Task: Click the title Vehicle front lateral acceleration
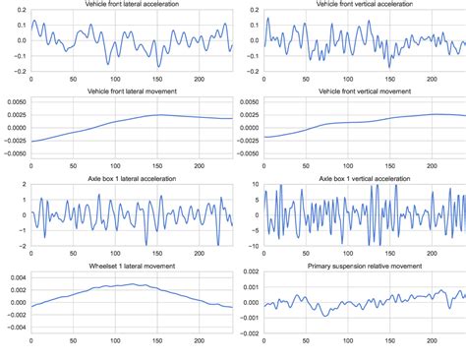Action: click(133, 5)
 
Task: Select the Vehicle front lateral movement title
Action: click(133, 91)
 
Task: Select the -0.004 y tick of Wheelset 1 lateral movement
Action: click(14, 326)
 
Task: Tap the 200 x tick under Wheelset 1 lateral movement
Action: click(198, 340)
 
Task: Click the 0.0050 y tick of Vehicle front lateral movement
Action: click(15, 101)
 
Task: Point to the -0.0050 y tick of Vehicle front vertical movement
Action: click(246, 153)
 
